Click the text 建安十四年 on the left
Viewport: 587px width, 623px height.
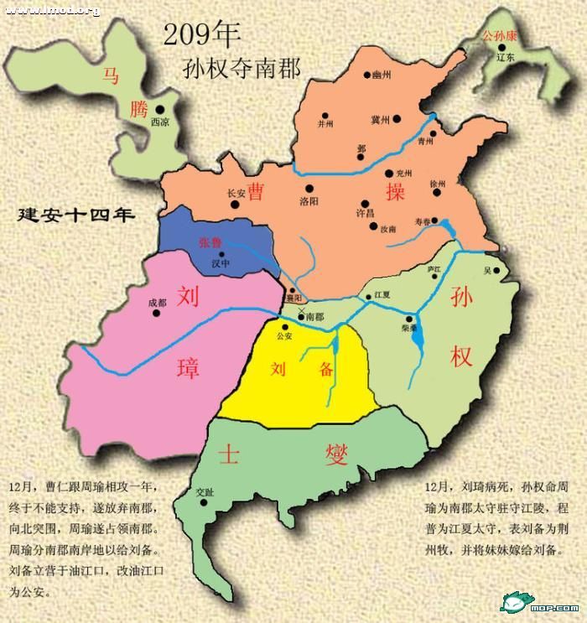click(x=76, y=215)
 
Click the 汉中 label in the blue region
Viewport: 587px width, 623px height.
click(x=221, y=263)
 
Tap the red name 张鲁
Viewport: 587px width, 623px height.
click(x=210, y=242)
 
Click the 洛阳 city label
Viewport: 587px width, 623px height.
click(x=309, y=201)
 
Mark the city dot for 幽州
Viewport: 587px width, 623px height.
click(x=367, y=75)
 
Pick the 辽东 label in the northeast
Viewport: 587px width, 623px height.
click(x=505, y=58)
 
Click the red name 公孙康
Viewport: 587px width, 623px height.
click(x=498, y=37)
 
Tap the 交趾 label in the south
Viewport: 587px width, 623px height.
click(x=204, y=492)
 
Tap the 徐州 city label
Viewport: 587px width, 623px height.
click(x=438, y=183)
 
